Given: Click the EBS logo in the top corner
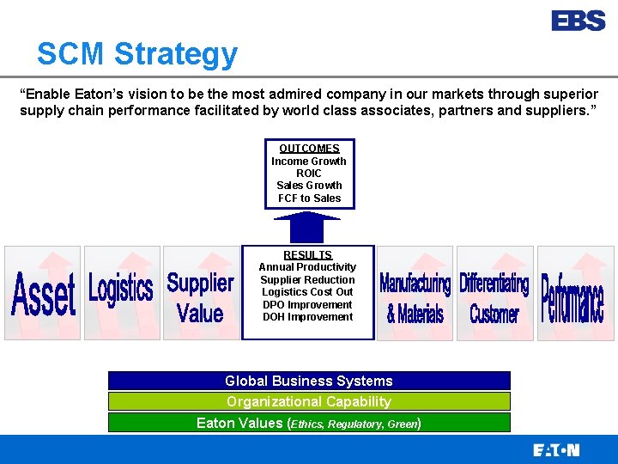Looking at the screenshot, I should (578, 21).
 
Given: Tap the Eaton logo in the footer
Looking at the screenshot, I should (556, 449).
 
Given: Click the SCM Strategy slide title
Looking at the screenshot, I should (137, 54).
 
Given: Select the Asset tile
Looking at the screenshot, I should (43, 293).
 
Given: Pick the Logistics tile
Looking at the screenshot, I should (121, 293).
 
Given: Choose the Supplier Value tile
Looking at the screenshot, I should (200, 293).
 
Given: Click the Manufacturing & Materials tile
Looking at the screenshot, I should (415, 293).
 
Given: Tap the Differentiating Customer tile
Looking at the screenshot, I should (494, 293).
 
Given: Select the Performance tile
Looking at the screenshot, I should (572, 293).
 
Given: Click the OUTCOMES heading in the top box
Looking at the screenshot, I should (309, 149).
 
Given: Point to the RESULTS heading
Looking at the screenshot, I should (308, 255).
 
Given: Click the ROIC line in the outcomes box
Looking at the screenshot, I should (309, 174).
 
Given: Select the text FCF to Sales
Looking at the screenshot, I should (309, 198).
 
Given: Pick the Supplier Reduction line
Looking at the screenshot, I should (307, 280).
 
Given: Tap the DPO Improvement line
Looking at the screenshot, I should (307, 305).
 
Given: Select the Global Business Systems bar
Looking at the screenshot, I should (309, 381).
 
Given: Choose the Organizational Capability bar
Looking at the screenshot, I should (309, 401).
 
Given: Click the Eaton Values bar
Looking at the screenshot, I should (309, 423).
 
